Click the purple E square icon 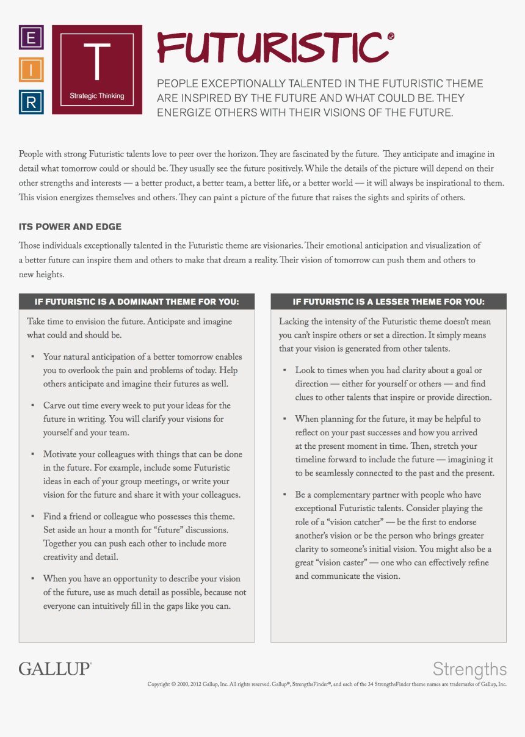coord(31,38)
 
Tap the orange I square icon coord(31,70)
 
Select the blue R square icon coord(31,102)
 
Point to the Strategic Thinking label coord(97,96)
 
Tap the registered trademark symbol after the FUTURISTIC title coord(390,37)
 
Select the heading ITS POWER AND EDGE coord(70,227)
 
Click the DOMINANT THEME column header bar coord(137,302)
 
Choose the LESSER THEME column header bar coord(388,302)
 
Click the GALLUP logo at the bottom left coord(55,669)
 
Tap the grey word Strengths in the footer coord(469,669)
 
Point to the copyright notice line coord(327,684)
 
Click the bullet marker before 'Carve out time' coord(32,405)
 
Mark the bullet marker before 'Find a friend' coord(32,517)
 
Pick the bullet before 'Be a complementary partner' coord(284,495)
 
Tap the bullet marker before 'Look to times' coord(284,370)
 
